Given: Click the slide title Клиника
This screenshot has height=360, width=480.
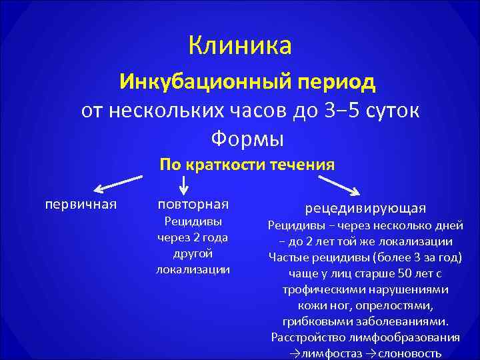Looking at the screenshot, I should tap(240, 46).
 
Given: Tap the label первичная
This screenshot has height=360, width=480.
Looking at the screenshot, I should tap(81, 203).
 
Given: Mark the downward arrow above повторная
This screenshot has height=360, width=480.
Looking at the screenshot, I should tap(184, 187).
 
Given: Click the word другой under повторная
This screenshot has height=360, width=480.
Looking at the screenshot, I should tap(193, 253).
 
